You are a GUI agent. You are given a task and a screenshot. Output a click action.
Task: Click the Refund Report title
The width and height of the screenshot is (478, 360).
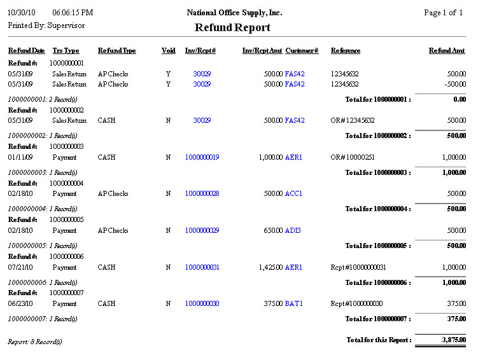coord(232,27)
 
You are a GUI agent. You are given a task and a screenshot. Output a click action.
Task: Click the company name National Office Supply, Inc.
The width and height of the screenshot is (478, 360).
coord(234,13)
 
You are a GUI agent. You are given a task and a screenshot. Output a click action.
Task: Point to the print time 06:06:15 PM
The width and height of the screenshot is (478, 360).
coord(73,13)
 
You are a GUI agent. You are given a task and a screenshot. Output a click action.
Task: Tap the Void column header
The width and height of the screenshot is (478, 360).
coord(168,50)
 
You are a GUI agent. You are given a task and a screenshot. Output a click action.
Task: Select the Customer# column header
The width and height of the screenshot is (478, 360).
coord(302,50)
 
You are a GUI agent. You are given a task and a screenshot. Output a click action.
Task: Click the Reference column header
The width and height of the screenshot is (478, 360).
coord(346,50)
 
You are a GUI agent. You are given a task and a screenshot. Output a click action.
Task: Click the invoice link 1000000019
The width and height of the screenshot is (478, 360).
coord(202,157)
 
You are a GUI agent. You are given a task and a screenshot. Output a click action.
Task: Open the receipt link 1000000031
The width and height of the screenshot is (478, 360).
coord(202,267)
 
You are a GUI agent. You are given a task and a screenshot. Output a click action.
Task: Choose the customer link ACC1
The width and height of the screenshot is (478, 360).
coord(294,193)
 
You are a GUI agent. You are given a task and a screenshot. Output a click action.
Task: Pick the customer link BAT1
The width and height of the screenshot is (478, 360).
coord(294,303)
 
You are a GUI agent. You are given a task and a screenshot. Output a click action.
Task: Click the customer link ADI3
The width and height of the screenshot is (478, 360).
coord(293,230)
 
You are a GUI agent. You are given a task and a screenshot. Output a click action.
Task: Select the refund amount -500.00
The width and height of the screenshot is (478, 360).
coord(456,84)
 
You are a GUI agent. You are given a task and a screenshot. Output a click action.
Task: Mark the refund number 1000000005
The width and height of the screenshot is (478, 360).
coord(66,219)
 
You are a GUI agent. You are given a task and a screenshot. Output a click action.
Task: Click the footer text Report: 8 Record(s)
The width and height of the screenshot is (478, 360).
coord(35,342)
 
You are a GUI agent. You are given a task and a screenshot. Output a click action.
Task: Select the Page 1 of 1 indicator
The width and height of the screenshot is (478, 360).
coord(443,13)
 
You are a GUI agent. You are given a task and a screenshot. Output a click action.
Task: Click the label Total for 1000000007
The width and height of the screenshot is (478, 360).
coord(377,318)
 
